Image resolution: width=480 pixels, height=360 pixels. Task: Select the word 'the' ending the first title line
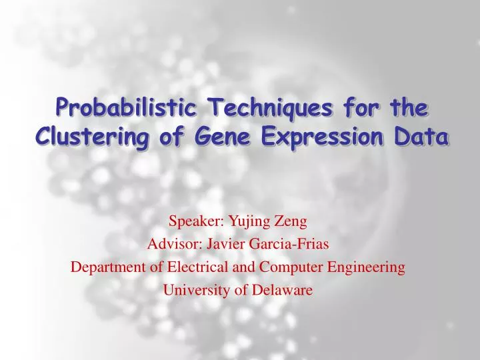(407, 107)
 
